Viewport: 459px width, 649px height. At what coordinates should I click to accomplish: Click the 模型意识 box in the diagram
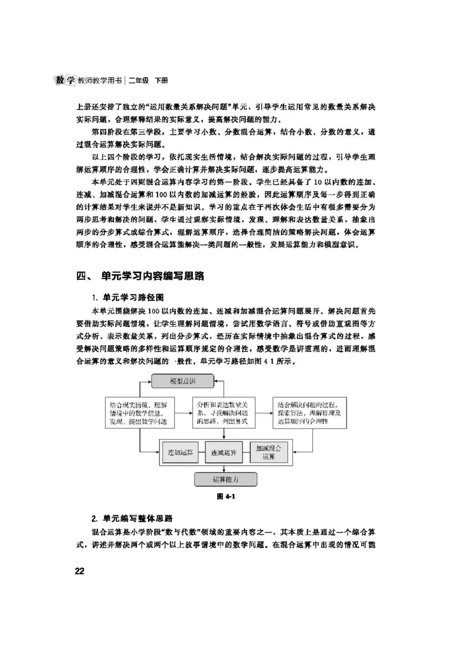pyautogui.click(x=182, y=381)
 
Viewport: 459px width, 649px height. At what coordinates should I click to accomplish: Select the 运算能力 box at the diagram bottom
pyautogui.click(x=225, y=479)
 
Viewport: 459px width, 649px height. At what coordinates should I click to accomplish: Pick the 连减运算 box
pyautogui.click(x=224, y=452)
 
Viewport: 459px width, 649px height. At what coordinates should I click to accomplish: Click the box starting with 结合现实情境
pyautogui.click(x=139, y=413)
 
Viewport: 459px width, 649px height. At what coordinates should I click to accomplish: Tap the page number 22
pyautogui.click(x=79, y=570)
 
